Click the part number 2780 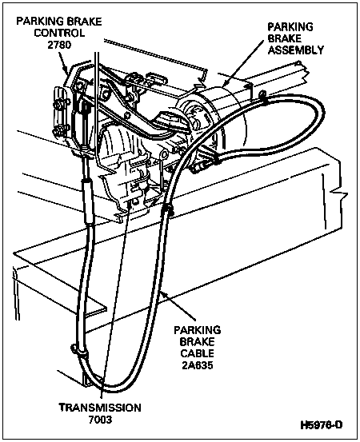pyautogui.click(x=59, y=45)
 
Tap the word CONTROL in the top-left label pyautogui.click(x=59, y=33)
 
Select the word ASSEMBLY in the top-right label pyautogui.click(x=296, y=50)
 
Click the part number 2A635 pyautogui.click(x=198, y=365)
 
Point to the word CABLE pyautogui.click(x=198, y=353)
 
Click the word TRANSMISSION pyautogui.click(x=100, y=408)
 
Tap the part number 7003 pyautogui.click(x=101, y=420)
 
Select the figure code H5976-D pyautogui.click(x=321, y=424)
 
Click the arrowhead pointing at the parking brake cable pyautogui.click(x=165, y=295)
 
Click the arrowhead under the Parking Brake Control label pyautogui.click(x=66, y=70)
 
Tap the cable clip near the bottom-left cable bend pyautogui.click(x=78, y=350)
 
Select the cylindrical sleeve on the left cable pyautogui.click(x=88, y=201)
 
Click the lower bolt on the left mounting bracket pyautogui.click(x=58, y=130)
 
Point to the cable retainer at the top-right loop pyautogui.click(x=263, y=97)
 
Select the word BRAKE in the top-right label pyautogui.click(x=284, y=38)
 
